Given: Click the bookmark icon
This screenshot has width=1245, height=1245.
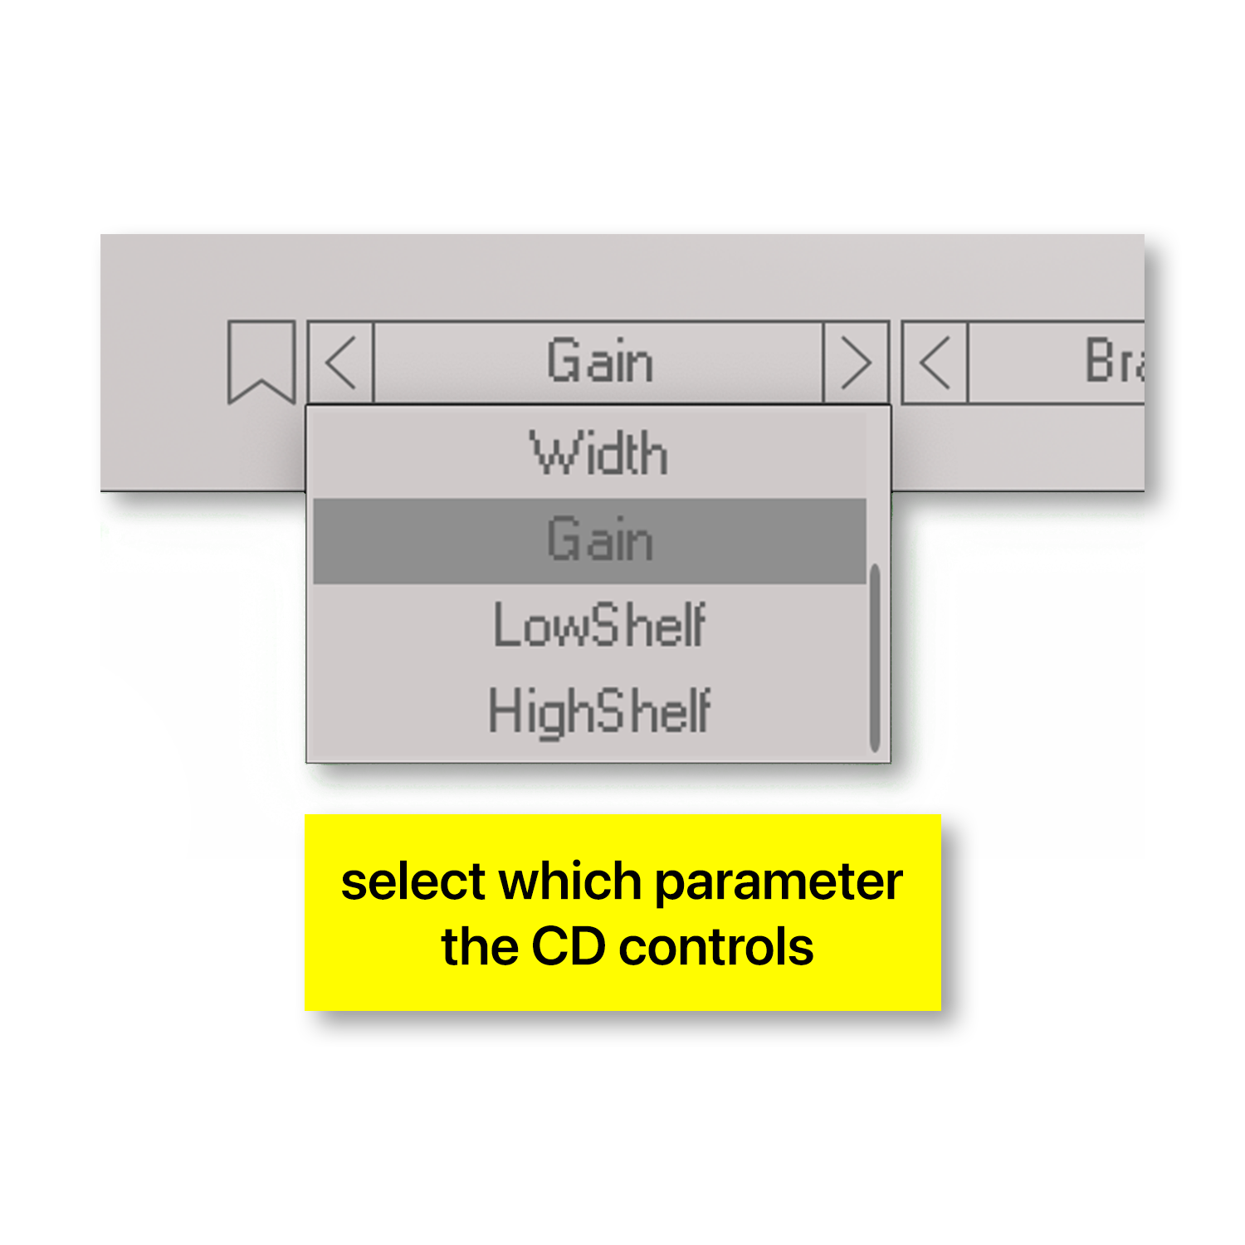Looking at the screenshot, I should (261, 361).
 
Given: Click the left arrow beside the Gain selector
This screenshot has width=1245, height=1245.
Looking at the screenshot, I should (341, 362).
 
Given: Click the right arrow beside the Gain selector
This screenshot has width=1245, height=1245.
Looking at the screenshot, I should (856, 363).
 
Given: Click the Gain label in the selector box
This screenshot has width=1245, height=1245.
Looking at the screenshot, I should (599, 362).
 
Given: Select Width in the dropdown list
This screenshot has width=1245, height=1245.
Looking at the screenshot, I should (599, 454).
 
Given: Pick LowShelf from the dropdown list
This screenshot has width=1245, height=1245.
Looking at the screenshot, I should (599, 626).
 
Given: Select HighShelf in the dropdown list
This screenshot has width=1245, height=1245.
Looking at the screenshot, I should (599, 712).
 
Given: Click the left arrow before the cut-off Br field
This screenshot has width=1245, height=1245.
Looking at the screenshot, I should (935, 363).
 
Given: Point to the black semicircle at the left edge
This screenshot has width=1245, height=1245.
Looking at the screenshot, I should (141, 772).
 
